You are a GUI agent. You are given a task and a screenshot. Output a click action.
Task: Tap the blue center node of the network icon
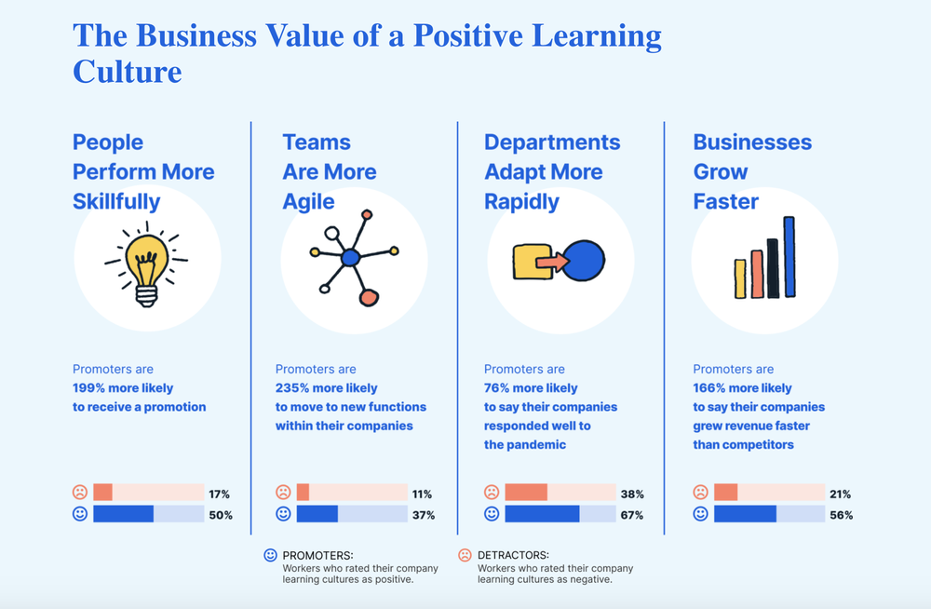pyautogui.click(x=350, y=257)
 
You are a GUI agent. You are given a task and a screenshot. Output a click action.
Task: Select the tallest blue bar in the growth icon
pyautogui.click(x=789, y=257)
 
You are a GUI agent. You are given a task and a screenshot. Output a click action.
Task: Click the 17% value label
pyautogui.click(x=220, y=494)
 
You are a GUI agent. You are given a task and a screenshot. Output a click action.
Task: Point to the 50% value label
pyautogui.click(x=221, y=515)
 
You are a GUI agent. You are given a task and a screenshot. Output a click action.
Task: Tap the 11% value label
pyautogui.click(x=422, y=494)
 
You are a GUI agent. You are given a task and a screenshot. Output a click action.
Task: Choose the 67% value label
pyautogui.click(x=631, y=515)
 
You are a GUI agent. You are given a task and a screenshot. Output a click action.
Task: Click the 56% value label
pyautogui.click(x=841, y=515)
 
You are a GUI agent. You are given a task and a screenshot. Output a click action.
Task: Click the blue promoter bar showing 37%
pyautogui.click(x=317, y=514)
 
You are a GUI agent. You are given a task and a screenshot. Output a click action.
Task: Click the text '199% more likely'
pyautogui.click(x=123, y=387)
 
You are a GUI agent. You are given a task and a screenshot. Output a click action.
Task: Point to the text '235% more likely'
pyautogui.click(x=326, y=387)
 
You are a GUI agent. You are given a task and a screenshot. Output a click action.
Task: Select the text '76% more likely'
pyautogui.click(x=531, y=387)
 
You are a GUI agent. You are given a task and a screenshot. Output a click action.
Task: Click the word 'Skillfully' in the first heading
pyautogui.click(x=116, y=201)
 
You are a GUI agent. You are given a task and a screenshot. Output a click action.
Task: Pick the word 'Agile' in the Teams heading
pyautogui.click(x=308, y=201)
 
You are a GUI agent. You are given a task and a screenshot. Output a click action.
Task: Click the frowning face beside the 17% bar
pyautogui.click(x=80, y=493)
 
